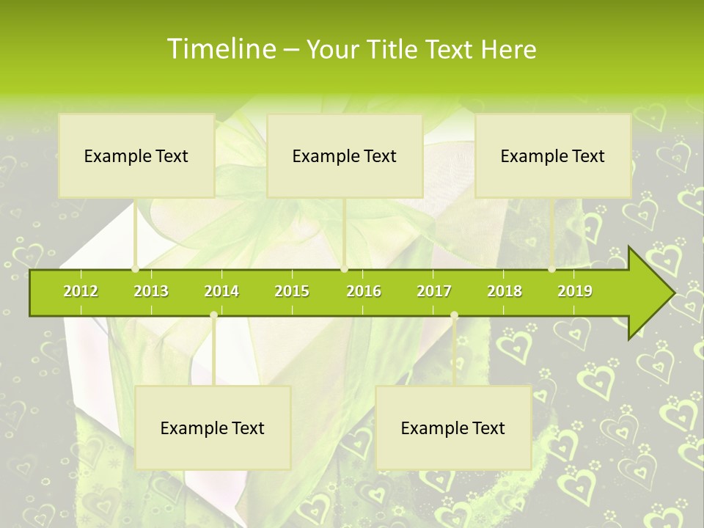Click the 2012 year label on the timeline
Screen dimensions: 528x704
pos(81,291)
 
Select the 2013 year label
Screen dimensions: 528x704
pos(151,291)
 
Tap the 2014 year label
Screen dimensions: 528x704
pos(221,291)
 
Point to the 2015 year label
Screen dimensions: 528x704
pos(292,291)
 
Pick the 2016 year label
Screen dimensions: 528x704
pos(364,291)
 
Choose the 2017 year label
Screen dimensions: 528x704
pos(434,291)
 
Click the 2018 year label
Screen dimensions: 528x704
pos(505,291)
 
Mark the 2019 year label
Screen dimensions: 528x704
pos(575,291)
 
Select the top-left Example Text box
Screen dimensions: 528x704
pos(136,155)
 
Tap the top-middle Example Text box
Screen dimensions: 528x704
pos(345,155)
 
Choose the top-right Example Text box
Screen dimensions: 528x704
pos(553,155)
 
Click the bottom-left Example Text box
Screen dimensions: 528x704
pos(213,428)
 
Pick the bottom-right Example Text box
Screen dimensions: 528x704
pos(453,428)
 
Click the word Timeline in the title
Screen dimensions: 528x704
pos(221,49)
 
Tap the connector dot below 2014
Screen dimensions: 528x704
pos(213,315)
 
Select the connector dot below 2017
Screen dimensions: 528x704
pos(454,315)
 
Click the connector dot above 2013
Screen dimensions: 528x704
pos(136,269)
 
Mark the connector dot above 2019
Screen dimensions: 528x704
pos(552,269)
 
